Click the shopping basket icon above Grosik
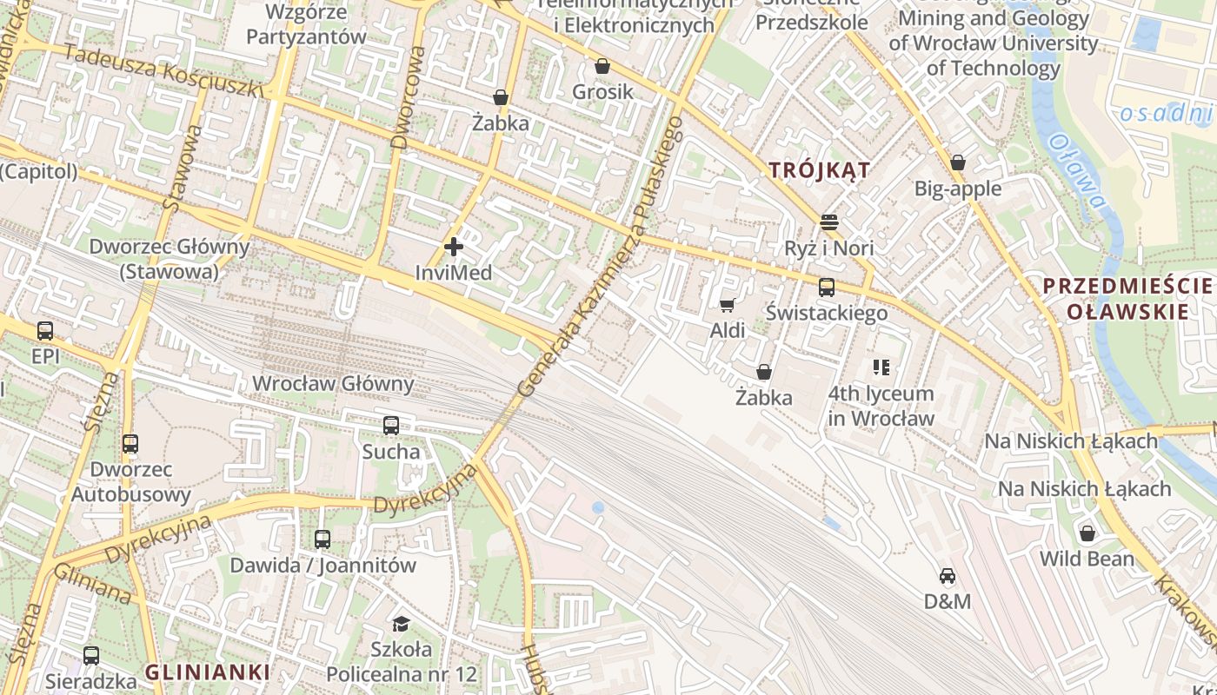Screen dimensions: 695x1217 (x=602, y=66)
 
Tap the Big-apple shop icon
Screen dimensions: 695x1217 (x=957, y=162)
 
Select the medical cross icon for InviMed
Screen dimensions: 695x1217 (x=453, y=248)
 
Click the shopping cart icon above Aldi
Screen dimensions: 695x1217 (x=727, y=305)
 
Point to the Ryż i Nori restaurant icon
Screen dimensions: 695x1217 (x=828, y=222)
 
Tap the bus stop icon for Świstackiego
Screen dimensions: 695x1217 (x=826, y=288)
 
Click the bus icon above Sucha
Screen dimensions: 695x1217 (x=391, y=426)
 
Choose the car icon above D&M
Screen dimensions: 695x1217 (x=947, y=576)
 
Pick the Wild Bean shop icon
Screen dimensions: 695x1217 (x=1087, y=533)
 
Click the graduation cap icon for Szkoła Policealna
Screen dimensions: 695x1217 (x=401, y=624)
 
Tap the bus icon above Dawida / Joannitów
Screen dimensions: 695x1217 (x=323, y=539)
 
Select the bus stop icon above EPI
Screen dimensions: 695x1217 (x=44, y=331)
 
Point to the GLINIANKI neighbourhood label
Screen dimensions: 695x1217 (x=207, y=672)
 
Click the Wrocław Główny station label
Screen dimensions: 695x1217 (x=333, y=383)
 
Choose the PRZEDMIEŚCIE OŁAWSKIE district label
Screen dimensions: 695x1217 (x=1127, y=298)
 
